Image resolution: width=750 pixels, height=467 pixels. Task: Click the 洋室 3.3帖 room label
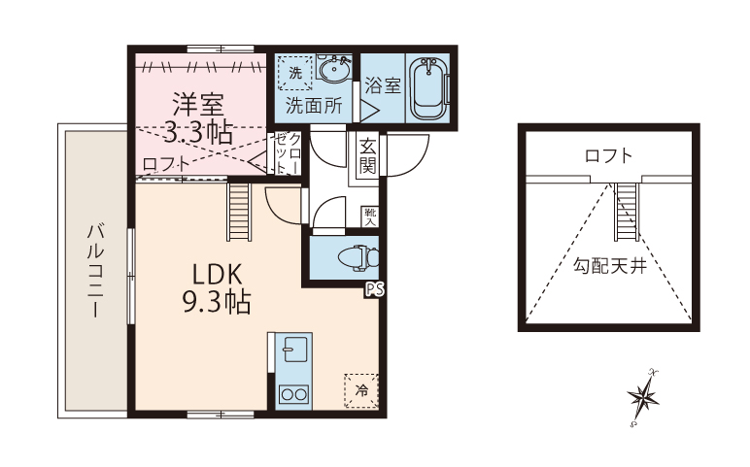199,118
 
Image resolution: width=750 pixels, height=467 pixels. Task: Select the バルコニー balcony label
95,270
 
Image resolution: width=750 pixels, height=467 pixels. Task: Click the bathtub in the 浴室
429,89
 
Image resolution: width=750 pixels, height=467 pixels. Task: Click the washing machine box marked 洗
295,73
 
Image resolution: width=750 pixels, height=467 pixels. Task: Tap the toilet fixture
358,258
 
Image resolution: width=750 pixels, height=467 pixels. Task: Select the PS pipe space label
374,289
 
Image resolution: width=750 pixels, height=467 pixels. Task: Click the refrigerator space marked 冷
361,390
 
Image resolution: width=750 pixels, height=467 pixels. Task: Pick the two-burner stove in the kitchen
293,394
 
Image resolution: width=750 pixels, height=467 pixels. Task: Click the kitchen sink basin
294,350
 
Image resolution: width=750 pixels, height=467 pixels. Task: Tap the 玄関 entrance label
368,156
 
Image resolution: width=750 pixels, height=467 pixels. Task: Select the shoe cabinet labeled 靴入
370,217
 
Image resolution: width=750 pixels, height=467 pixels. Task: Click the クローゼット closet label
288,153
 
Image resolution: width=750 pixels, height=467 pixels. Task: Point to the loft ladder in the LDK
239,212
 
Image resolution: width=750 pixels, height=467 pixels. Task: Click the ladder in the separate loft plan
627,213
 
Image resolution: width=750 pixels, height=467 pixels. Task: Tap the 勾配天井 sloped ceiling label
610,266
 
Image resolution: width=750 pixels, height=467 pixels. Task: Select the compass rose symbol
643,397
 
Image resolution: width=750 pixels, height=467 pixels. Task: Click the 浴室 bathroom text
383,85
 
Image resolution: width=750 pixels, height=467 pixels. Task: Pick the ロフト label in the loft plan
608,155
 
